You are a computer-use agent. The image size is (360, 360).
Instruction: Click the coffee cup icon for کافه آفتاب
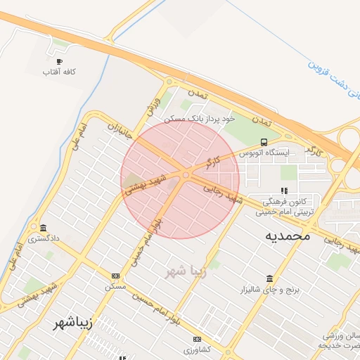point(59,61)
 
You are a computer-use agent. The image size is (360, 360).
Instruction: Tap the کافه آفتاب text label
point(59,72)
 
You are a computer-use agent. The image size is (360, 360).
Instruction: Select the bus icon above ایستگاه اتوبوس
point(264,142)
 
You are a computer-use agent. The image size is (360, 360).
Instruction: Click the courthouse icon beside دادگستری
point(44,229)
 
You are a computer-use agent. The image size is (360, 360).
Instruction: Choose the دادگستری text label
point(44,239)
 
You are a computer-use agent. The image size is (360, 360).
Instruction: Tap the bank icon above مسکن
point(115,276)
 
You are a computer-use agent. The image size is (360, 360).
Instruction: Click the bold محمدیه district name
point(287,236)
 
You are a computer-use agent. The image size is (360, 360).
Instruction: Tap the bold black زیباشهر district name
point(73,324)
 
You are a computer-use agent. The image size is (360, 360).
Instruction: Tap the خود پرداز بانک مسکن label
point(199,120)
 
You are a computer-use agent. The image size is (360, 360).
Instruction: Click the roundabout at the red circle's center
point(186,175)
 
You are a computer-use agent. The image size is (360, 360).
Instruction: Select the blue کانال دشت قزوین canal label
point(334,73)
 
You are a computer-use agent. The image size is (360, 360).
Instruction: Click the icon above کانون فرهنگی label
point(284,191)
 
